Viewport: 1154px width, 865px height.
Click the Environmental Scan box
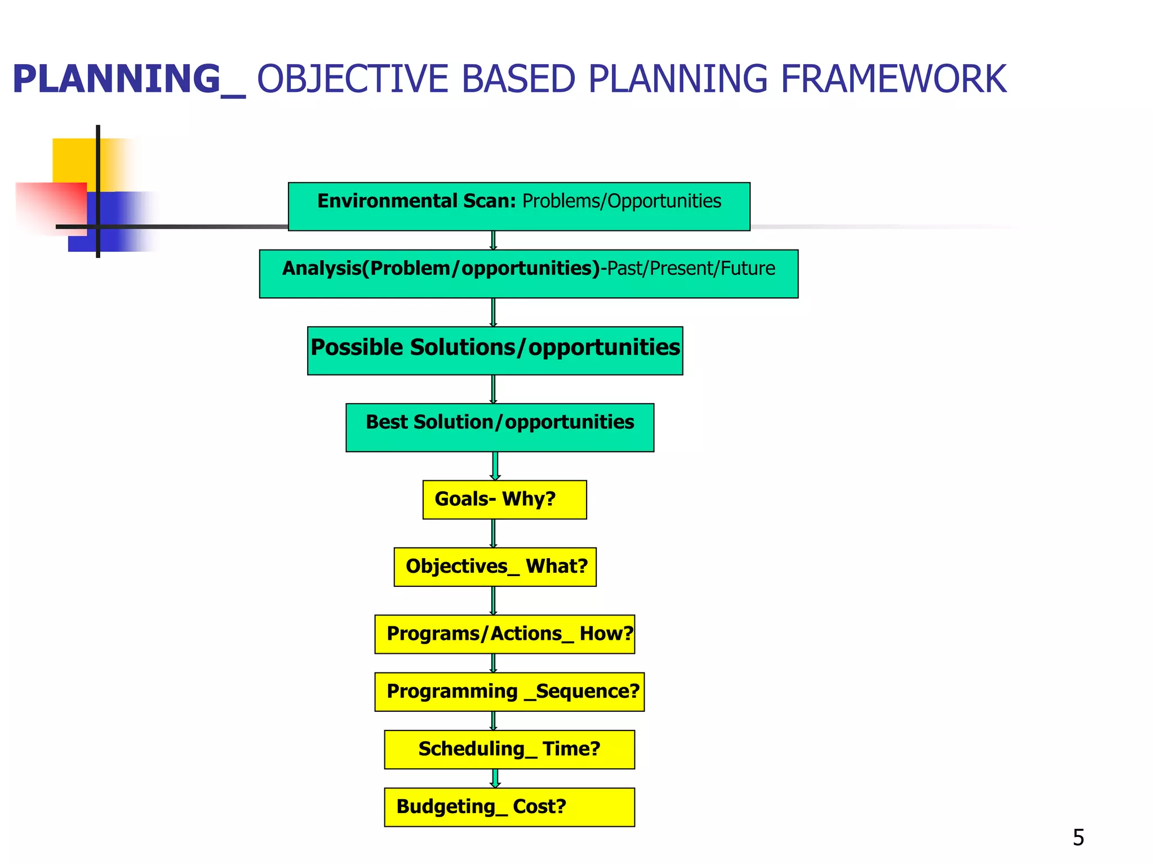click(518, 207)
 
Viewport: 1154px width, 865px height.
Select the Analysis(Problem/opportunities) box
click(528, 274)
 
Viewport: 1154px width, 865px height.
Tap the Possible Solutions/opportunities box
click(495, 350)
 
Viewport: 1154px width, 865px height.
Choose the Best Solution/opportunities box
click(500, 427)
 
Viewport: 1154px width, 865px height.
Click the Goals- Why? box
click(504, 500)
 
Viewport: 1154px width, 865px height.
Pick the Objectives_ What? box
click(495, 567)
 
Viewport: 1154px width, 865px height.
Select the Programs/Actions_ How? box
click(504, 634)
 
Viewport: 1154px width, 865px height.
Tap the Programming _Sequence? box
click(509, 692)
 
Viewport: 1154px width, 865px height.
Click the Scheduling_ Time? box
click(509, 750)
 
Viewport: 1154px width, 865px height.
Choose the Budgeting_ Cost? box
click(509, 807)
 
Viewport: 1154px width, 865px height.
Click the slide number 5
click(1078, 837)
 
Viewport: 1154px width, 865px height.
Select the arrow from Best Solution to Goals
click(495, 466)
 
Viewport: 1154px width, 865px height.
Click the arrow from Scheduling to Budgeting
click(495, 778)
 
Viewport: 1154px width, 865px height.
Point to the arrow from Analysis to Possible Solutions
click(493, 312)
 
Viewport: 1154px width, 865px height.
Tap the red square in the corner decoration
click(51, 207)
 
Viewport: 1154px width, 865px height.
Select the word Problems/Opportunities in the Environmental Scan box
click(622, 201)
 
